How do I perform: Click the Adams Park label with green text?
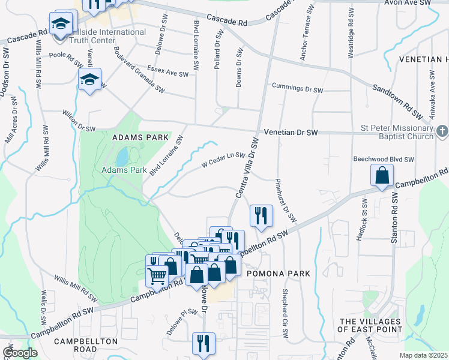pos(124,170)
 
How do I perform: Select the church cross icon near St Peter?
pos(442,130)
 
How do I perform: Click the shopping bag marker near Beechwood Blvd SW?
pos(382,176)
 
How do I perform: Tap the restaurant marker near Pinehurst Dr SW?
pos(261,215)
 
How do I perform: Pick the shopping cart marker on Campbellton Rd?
pos(157,277)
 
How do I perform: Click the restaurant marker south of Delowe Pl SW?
pos(203,343)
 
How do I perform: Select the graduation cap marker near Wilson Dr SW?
pos(89,79)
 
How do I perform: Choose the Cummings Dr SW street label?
pos(297,88)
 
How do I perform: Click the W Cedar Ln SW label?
pos(223,158)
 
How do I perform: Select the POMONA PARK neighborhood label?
pos(279,274)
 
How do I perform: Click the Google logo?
pos(20,353)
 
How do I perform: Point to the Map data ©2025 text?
pos(423,355)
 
